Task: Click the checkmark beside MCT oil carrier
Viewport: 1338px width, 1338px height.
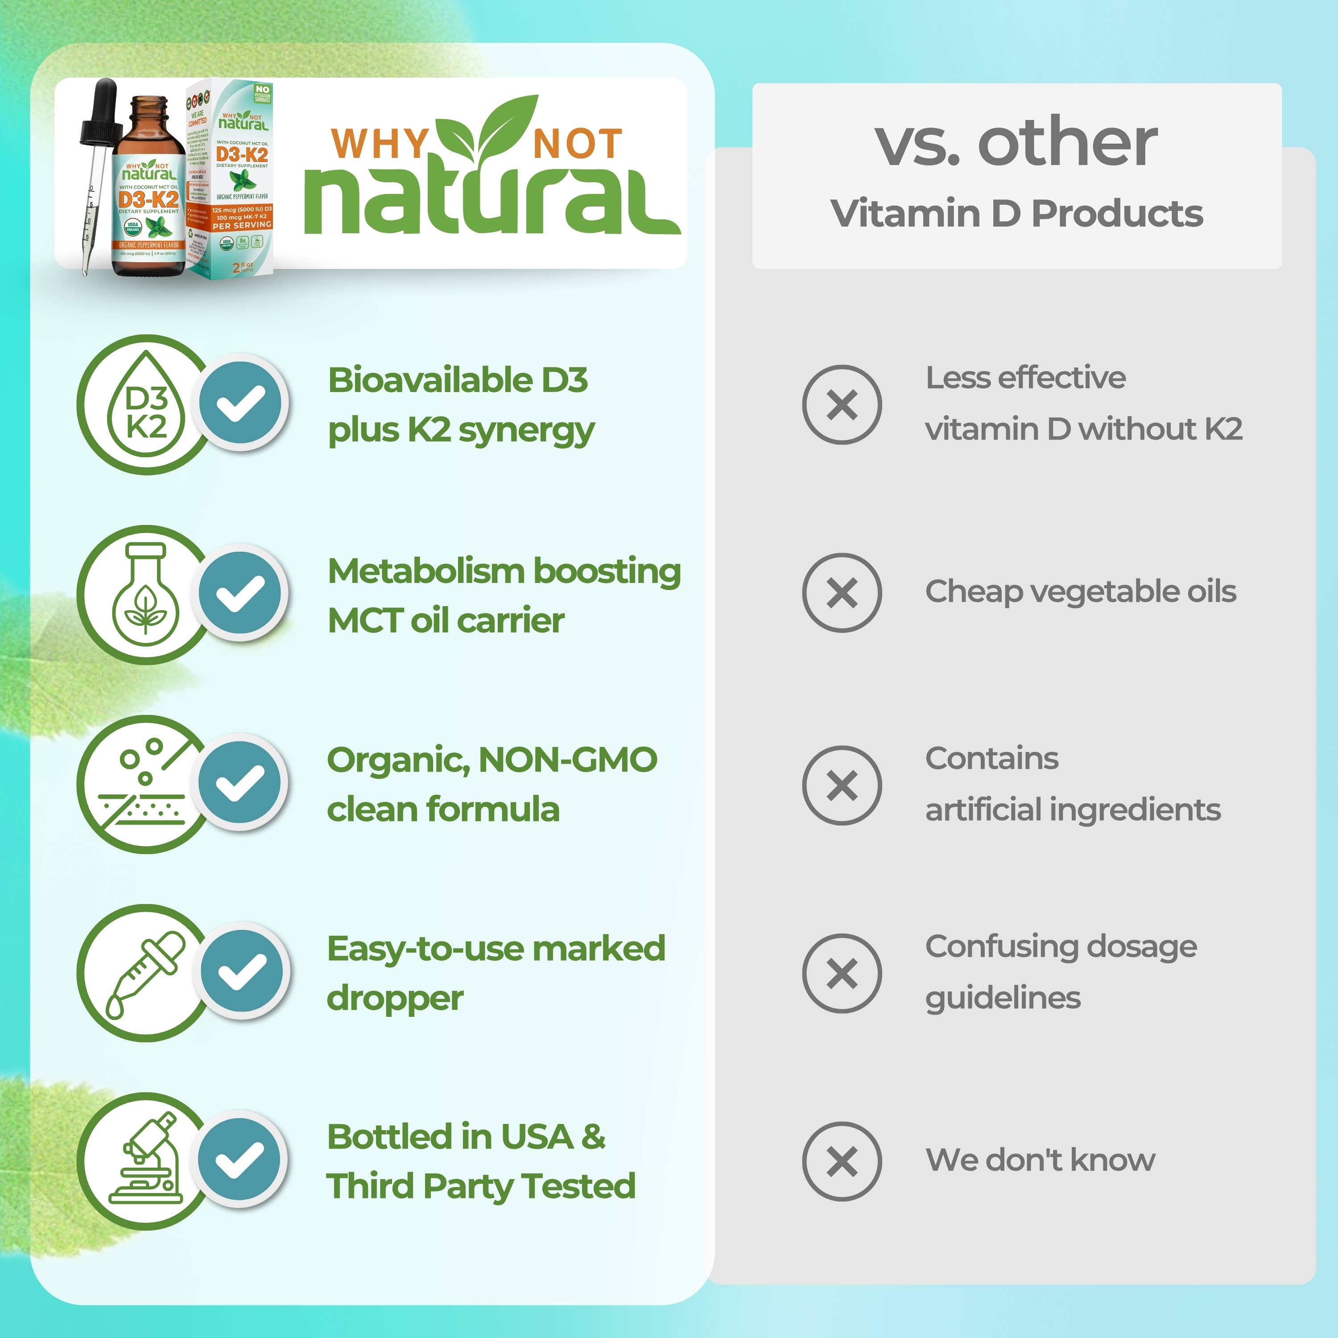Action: click(x=240, y=593)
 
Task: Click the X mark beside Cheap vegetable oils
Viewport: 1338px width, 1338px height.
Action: click(x=842, y=593)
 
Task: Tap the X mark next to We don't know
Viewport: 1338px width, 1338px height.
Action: click(x=842, y=1161)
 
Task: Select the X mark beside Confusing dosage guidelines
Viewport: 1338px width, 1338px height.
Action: click(x=842, y=974)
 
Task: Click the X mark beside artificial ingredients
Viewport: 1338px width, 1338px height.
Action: click(x=842, y=785)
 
